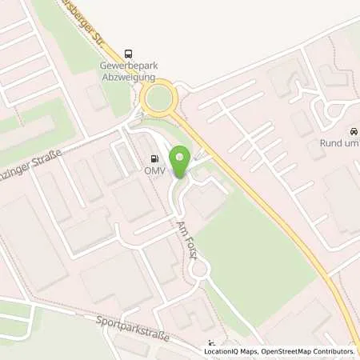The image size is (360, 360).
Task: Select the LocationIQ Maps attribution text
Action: [229, 351]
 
